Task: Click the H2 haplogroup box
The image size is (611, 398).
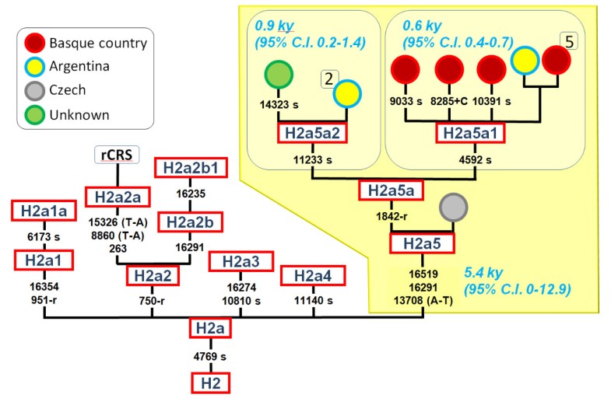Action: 211,383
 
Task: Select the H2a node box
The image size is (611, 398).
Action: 211,330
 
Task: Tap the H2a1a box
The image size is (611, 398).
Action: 43,210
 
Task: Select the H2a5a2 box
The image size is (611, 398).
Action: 311,133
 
